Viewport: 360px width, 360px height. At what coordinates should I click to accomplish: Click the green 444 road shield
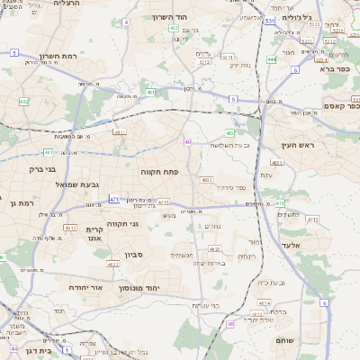pyautogui.click(x=271, y=60)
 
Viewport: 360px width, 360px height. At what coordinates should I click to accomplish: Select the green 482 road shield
pyautogui.click(x=24, y=102)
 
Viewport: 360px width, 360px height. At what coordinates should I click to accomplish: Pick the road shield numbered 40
pyautogui.click(x=187, y=141)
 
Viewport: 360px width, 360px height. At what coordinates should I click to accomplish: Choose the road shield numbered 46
pyautogui.click(x=230, y=323)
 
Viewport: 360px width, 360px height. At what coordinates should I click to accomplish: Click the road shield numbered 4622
pyautogui.click(x=113, y=265)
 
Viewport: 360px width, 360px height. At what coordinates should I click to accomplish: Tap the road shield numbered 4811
pyautogui.click(x=120, y=132)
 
